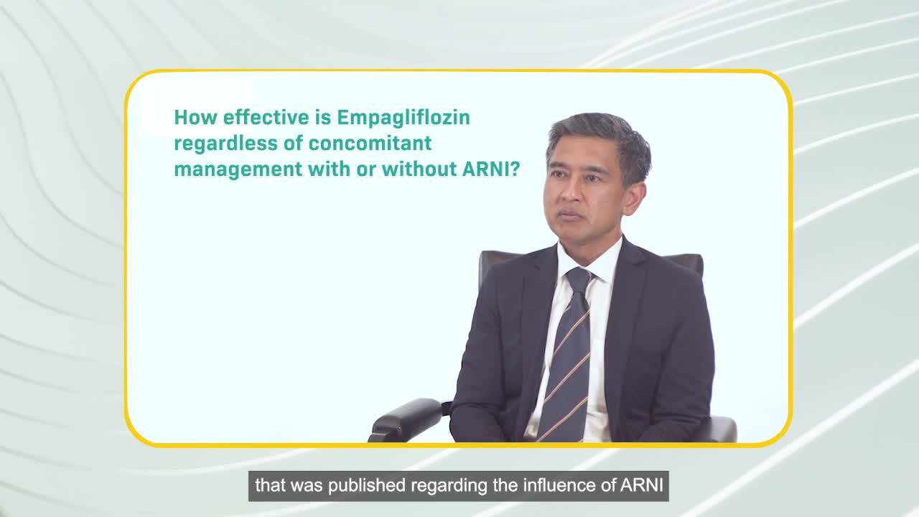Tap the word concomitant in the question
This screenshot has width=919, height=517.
[370, 144]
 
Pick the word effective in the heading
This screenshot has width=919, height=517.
[257, 117]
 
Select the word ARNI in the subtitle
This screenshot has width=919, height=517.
[640, 486]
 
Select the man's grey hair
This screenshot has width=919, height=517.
[603, 136]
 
